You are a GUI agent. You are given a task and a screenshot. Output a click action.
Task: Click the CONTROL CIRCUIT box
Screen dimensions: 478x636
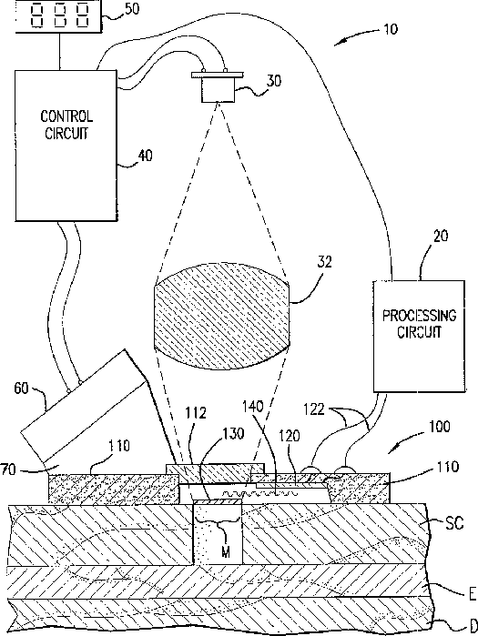pos(66,146)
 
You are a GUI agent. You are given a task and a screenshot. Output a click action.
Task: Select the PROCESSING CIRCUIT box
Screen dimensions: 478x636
pos(419,336)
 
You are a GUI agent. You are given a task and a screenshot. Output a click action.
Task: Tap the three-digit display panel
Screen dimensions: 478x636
pos(59,15)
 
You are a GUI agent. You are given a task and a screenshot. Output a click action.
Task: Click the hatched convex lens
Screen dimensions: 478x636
pos(222,317)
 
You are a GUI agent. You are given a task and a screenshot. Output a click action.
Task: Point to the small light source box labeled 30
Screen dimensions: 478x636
pos(218,87)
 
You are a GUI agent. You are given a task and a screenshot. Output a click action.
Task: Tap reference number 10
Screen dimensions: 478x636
pos(391,29)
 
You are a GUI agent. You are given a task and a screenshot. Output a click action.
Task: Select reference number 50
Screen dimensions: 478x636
pos(131,9)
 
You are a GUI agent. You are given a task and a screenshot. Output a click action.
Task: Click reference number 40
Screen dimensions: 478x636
pos(146,156)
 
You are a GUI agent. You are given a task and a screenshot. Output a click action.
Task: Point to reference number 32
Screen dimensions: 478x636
pos(324,262)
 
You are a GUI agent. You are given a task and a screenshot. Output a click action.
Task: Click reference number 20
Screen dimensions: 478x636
pos(441,236)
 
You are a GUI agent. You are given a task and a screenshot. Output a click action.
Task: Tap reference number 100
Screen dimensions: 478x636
pos(438,427)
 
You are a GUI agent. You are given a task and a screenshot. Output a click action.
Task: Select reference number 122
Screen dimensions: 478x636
pos(314,409)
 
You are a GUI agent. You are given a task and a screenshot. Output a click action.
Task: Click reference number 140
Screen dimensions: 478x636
pos(253,406)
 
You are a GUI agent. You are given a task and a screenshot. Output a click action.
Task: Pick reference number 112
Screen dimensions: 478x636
pos(196,413)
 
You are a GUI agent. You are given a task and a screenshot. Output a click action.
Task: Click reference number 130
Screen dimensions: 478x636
pos(233,433)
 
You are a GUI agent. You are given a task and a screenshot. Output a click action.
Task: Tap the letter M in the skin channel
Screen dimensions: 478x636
pos(226,551)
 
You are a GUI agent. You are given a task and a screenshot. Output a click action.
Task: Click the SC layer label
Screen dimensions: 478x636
pos(454,523)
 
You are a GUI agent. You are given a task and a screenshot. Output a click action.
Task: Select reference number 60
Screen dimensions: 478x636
pos(22,389)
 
